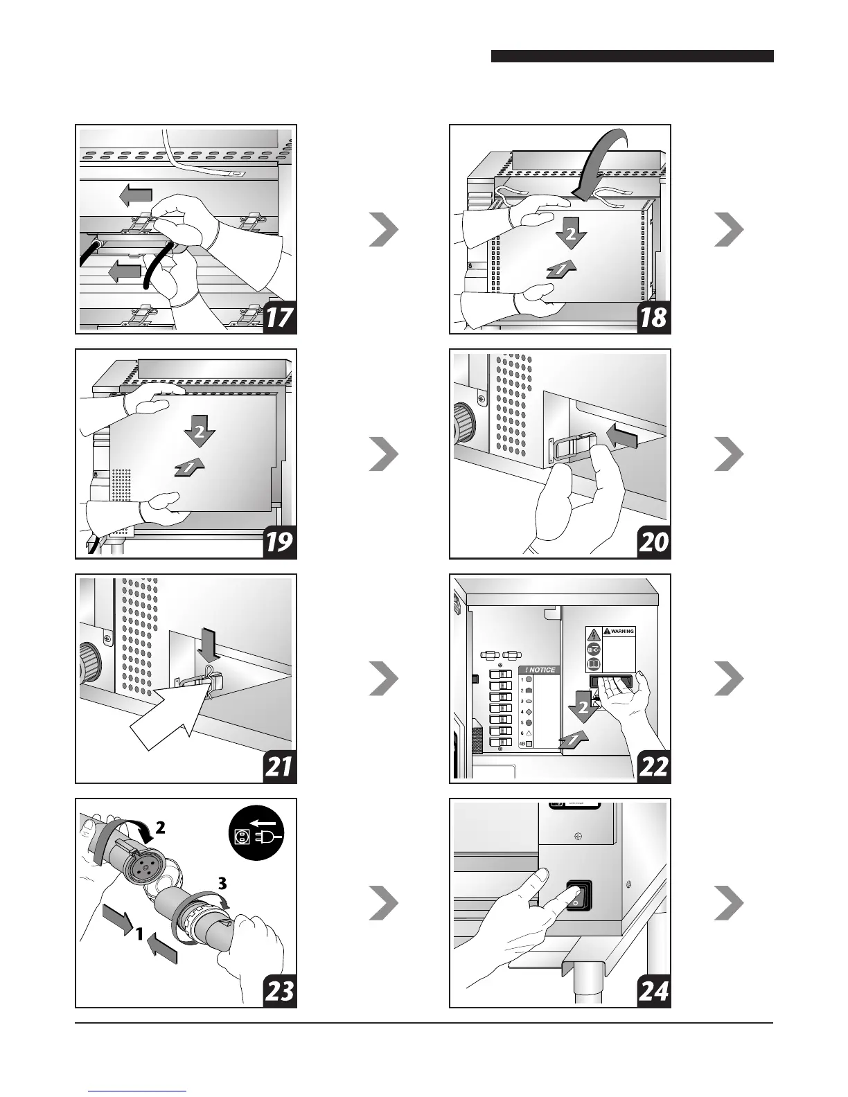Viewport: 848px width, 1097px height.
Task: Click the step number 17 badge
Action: coord(279,317)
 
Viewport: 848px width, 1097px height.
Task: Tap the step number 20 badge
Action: coord(653,542)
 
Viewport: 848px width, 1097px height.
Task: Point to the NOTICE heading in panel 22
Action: coord(539,670)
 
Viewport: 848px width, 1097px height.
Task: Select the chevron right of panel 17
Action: coord(383,230)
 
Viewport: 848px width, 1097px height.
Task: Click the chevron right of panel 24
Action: coord(729,903)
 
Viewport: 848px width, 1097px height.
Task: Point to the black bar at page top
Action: coord(632,56)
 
